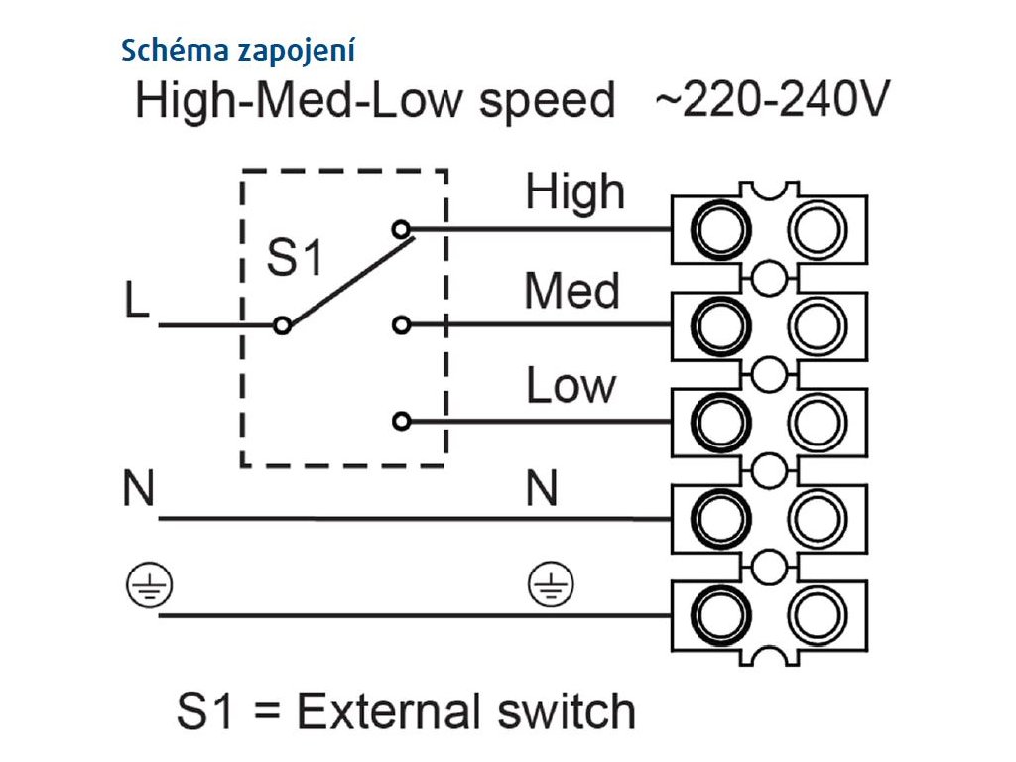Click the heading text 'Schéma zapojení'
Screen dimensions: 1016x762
[238, 51]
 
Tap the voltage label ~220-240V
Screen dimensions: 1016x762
[772, 99]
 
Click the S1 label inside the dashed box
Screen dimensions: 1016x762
[295, 257]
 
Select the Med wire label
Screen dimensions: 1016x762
[572, 291]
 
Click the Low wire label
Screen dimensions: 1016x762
[571, 385]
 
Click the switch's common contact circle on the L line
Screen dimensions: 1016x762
[282, 325]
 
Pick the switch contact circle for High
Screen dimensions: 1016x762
[402, 229]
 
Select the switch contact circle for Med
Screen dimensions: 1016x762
[402, 324]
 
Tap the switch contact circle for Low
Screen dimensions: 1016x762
[402, 422]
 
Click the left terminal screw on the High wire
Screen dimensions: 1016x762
[720, 230]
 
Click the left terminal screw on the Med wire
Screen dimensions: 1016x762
[720, 325]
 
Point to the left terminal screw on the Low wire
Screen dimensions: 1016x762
[720, 422]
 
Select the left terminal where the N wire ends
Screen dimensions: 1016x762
[720, 518]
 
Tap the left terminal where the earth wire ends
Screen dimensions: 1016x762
[720, 615]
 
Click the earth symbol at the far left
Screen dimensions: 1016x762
[150, 584]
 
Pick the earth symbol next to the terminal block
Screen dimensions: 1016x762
[551, 584]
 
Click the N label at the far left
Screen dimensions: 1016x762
[139, 488]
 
